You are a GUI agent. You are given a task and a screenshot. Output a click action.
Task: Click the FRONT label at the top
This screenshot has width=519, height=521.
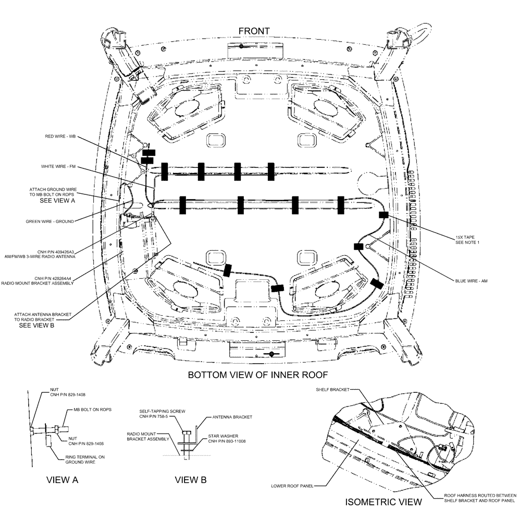click(x=254, y=31)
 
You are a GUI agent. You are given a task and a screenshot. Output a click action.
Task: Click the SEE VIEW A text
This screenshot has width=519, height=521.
click(x=58, y=200)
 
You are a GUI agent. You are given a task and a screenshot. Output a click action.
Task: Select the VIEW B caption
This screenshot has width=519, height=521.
click(x=191, y=480)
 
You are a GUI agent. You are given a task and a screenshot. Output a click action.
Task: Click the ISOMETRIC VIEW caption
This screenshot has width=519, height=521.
click(x=384, y=502)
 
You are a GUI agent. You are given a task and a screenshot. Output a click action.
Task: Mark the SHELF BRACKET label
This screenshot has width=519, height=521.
click(x=332, y=389)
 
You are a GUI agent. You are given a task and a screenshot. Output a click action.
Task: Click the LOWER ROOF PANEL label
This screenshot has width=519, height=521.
click(x=292, y=485)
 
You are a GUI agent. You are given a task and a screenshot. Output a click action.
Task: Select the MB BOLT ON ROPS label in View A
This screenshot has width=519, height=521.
click(x=92, y=410)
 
